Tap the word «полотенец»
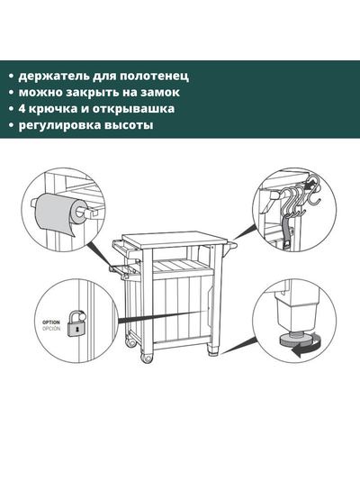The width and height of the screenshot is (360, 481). [x=155, y=76]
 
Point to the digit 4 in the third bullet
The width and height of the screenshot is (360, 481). [x=23, y=109]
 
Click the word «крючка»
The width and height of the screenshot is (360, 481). [x=56, y=109]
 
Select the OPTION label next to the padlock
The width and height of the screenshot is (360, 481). [x=51, y=321]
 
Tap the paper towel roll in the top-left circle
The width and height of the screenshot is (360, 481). [x=57, y=214]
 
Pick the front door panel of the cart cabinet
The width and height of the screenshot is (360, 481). [x=180, y=311]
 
